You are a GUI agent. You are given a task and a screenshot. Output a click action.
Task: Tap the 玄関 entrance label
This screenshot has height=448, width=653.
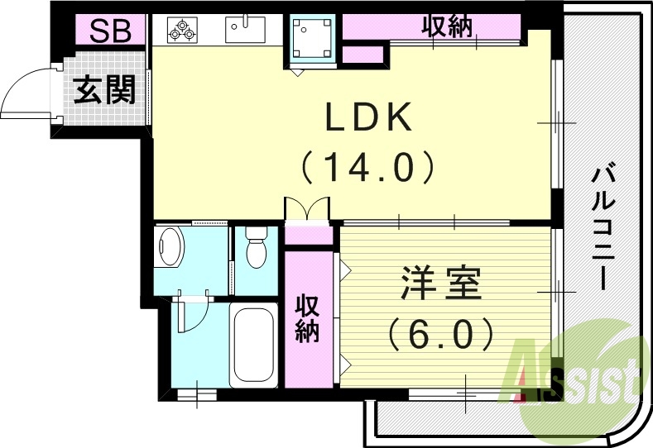pos(104,89)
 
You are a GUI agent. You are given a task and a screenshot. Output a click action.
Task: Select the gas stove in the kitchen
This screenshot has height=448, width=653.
pos(180,31)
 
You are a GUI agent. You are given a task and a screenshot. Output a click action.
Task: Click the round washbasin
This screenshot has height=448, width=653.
pos(170,247)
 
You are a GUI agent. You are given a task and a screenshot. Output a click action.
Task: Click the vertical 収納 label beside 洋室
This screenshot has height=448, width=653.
pos(308,318)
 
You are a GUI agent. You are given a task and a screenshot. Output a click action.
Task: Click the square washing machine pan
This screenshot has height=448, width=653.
pos(311,39)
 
